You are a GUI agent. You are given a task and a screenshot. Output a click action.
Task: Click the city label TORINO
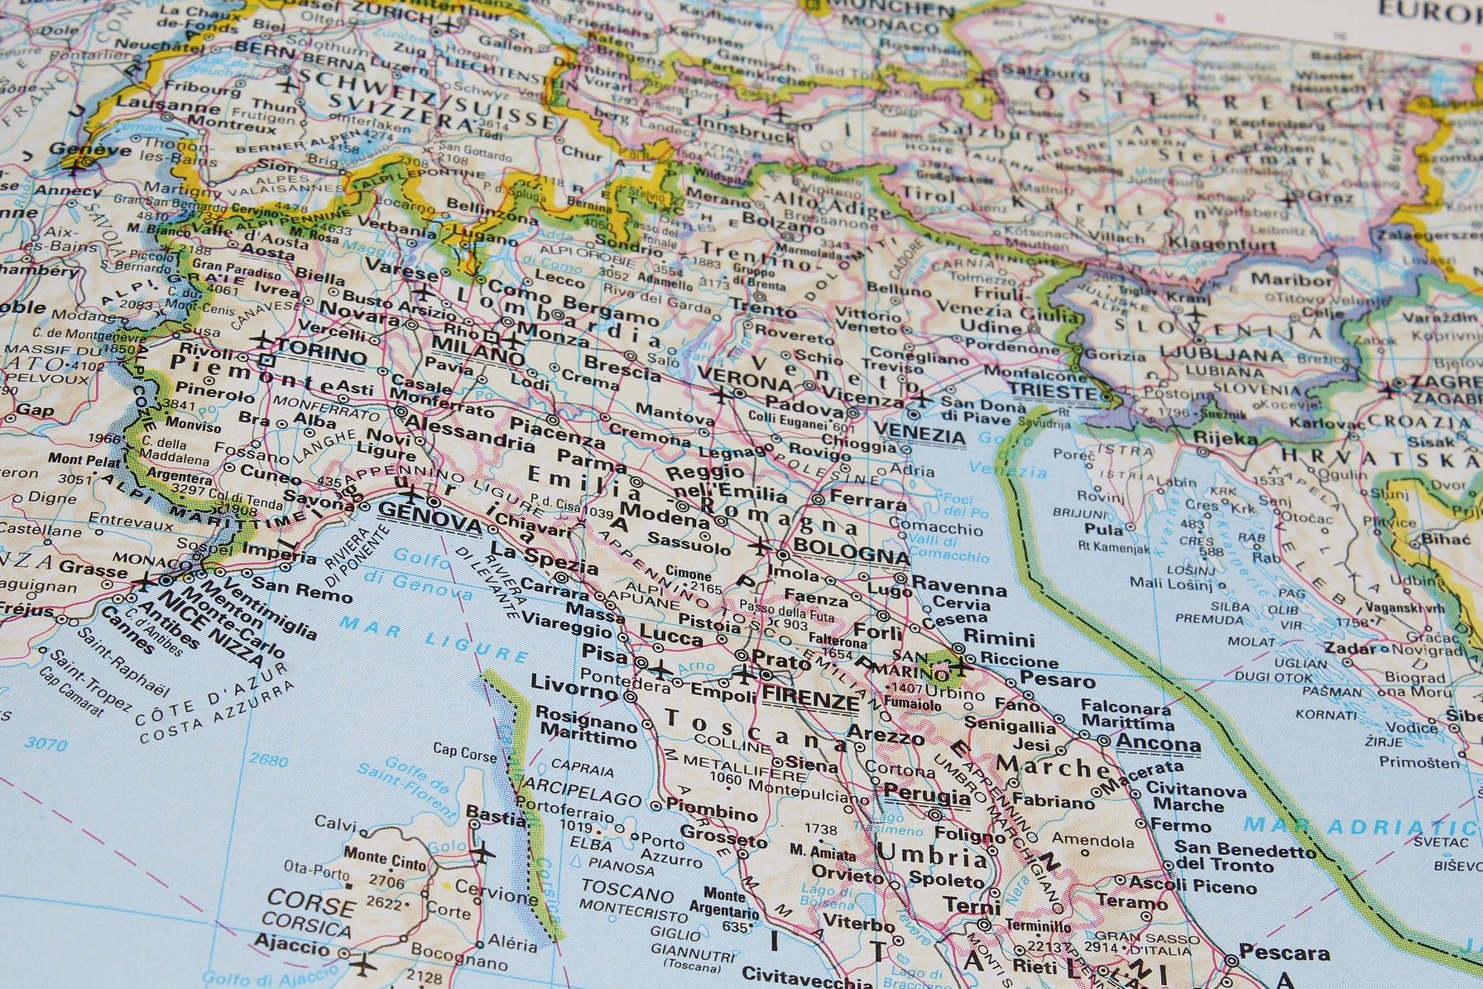(321, 357)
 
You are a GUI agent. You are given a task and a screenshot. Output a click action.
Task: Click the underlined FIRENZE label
(810, 700)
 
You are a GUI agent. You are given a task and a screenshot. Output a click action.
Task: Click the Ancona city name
(1158, 742)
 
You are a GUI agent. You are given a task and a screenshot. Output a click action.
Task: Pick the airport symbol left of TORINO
(262, 339)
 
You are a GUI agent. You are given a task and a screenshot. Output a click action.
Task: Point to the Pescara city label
(1284, 953)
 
